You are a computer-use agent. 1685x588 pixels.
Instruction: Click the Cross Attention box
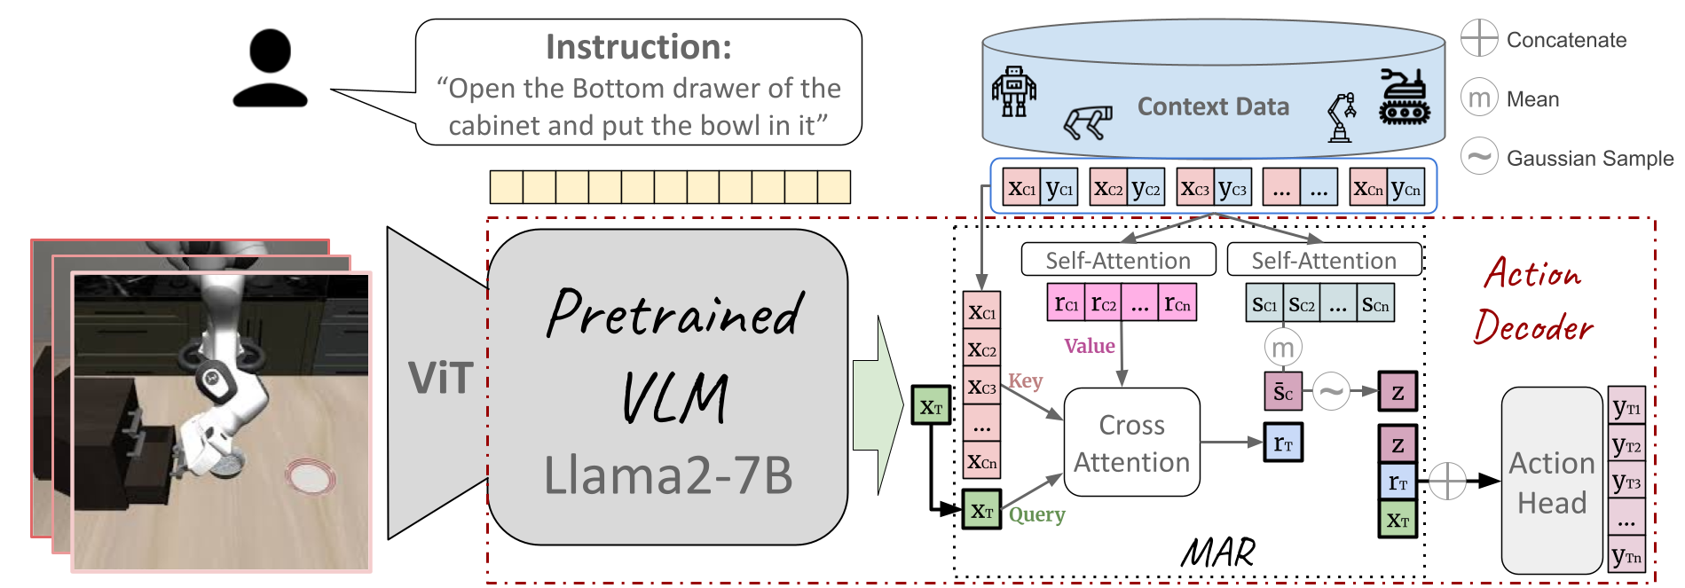coord(1131,443)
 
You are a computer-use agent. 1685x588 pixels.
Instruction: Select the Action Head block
coord(1552,482)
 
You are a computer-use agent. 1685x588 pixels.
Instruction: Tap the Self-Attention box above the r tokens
coord(1118,260)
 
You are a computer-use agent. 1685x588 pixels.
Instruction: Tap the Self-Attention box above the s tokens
coord(1324,260)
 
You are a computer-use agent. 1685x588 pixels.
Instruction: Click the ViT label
coord(440,379)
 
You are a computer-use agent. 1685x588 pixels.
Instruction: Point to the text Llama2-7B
coord(667,474)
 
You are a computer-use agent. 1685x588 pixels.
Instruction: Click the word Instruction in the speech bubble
coord(638,47)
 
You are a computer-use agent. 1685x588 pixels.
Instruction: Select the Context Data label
coord(1213,107)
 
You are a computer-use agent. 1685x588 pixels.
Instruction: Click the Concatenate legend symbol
coord(1479,38)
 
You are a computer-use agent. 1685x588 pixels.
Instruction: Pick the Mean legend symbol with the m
coord(1479,98)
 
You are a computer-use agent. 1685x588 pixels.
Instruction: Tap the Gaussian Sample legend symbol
coord(1479,157)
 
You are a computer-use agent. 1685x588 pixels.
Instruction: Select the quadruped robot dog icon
coord(1088,122)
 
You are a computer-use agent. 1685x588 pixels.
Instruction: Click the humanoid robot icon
coord(1014,91)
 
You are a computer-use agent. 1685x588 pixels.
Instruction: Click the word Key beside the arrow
coord(1025,381)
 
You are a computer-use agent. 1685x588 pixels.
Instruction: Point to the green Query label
coord(1036,514)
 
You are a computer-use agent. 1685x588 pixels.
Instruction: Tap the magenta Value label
coord(1090,346)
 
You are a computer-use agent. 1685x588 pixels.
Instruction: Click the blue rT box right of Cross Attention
coord(1283,443)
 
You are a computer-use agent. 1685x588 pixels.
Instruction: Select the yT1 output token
coord(1626,407)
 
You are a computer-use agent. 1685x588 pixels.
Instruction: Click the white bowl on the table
coord(311,477)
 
